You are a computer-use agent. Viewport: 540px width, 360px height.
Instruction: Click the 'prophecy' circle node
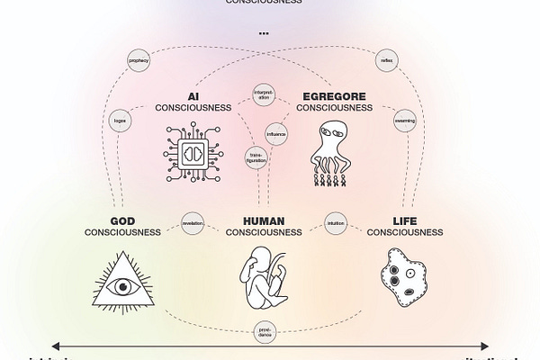138,62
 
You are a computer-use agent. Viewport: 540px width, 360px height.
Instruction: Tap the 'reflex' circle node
387,62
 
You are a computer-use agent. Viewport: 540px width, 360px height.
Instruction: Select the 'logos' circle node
119,119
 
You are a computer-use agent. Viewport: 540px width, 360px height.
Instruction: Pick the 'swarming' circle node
404,119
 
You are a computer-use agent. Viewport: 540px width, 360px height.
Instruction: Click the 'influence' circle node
276,133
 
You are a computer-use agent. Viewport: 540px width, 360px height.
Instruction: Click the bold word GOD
122,220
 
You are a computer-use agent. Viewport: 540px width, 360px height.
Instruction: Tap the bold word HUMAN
264,220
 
